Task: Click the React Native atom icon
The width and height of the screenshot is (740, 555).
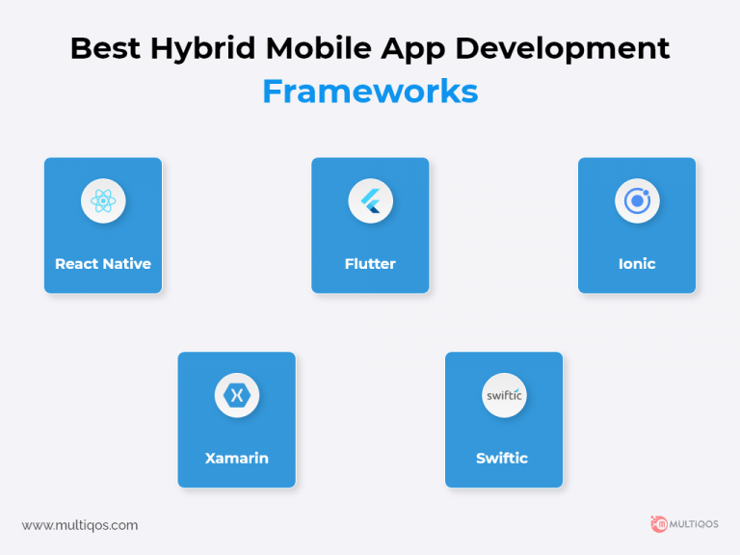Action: [103, 201]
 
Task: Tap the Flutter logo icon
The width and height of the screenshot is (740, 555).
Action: [370, 201]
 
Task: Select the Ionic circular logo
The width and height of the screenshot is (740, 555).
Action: [637, 201]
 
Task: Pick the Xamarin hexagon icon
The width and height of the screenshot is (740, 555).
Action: [236, 395]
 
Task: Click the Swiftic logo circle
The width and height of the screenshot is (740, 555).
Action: [504, 395]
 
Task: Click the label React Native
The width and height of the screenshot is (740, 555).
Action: [103, 264]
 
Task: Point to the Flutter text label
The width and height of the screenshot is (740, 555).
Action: [370, 264]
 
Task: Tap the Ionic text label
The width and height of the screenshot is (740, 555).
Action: [637, 264]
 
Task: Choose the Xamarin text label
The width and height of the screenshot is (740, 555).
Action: [236, 458]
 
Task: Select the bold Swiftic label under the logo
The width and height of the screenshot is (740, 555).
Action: [502, 458]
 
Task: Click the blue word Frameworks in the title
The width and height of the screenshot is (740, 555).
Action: [370, 91]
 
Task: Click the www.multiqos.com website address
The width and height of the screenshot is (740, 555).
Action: [80, 525]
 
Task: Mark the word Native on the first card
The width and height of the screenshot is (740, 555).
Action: [127, 264]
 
